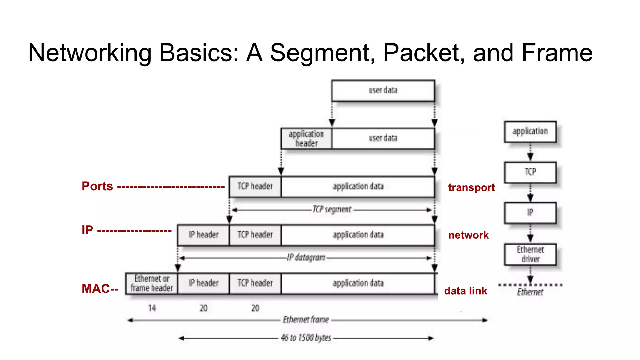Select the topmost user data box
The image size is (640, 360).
click(x=383, y=90)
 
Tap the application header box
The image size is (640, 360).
click(x=306, y=138)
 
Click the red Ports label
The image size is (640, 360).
click(x=97, y=186)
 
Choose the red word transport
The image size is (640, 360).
click(x=471, y=187)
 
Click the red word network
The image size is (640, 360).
click(x=468, y=235)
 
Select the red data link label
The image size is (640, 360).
click(x=466, y=291)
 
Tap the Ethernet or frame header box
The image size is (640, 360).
click(x=152, y=283)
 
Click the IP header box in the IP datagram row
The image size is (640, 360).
click(x=203, y=235)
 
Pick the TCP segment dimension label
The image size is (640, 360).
click(x=332, y=209)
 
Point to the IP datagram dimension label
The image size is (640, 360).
click(x=306, y=257)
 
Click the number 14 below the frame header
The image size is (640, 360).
click(x=152, y=308)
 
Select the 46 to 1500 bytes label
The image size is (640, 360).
click(x=306, y=338)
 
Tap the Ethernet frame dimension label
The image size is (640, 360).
click(x=306, y=320)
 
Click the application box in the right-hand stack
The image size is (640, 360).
click(x=530, y=132)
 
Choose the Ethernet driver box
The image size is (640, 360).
click(x=530, y=254)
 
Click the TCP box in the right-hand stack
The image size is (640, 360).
click(x=530, y=172)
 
